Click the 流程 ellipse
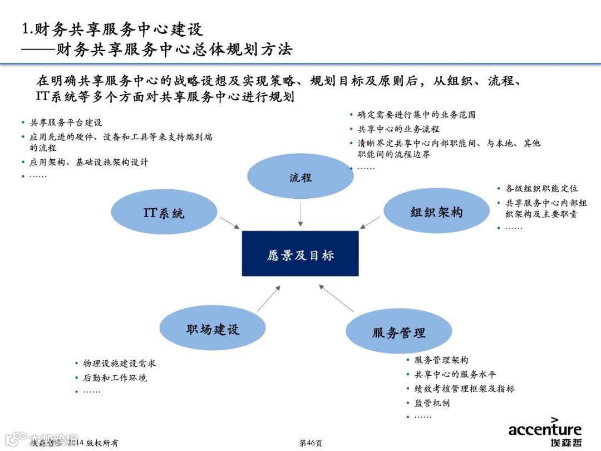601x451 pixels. tap(300, 177)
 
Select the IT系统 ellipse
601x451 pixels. tap(164, 213)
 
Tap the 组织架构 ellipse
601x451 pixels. tap(436, 212)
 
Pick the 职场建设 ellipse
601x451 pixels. tap(213, 330)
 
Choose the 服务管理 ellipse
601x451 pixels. tap(398, 332)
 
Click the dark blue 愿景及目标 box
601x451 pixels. tap(300, 254)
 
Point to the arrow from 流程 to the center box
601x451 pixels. tap(300, 214)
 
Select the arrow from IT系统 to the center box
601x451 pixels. tap(229, 222)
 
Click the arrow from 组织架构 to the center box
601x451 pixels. tap(370, 222)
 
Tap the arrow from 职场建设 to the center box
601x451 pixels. tap(269, 299)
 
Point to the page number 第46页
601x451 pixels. tap(311, 443)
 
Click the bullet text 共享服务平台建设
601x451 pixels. tap(66, 122)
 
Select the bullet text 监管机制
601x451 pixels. tap(432, 403)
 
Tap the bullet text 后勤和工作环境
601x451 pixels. tap(115, 378)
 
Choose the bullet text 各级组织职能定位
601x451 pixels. tap(541, 189)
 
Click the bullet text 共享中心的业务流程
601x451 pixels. tap(398, 129)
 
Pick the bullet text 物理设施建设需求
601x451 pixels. tap(119, 363)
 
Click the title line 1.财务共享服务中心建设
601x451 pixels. tap(112, 29)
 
